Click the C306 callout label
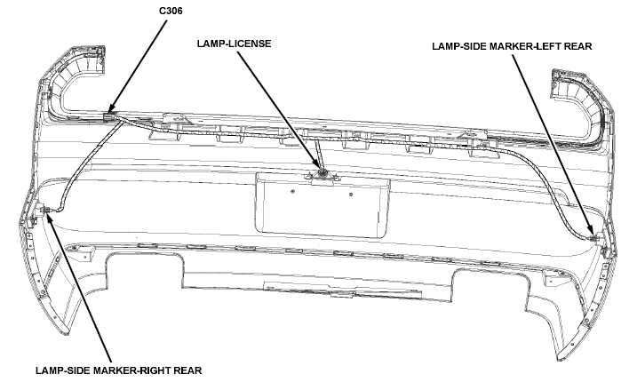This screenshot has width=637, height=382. [171, 11]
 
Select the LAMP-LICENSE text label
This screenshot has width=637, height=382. [234, 44]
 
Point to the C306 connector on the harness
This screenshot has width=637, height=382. [109, 116]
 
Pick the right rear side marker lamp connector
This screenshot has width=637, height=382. [44, 210]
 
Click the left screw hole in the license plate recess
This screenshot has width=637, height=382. [293, 191]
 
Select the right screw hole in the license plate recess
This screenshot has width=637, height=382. [351, 195]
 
